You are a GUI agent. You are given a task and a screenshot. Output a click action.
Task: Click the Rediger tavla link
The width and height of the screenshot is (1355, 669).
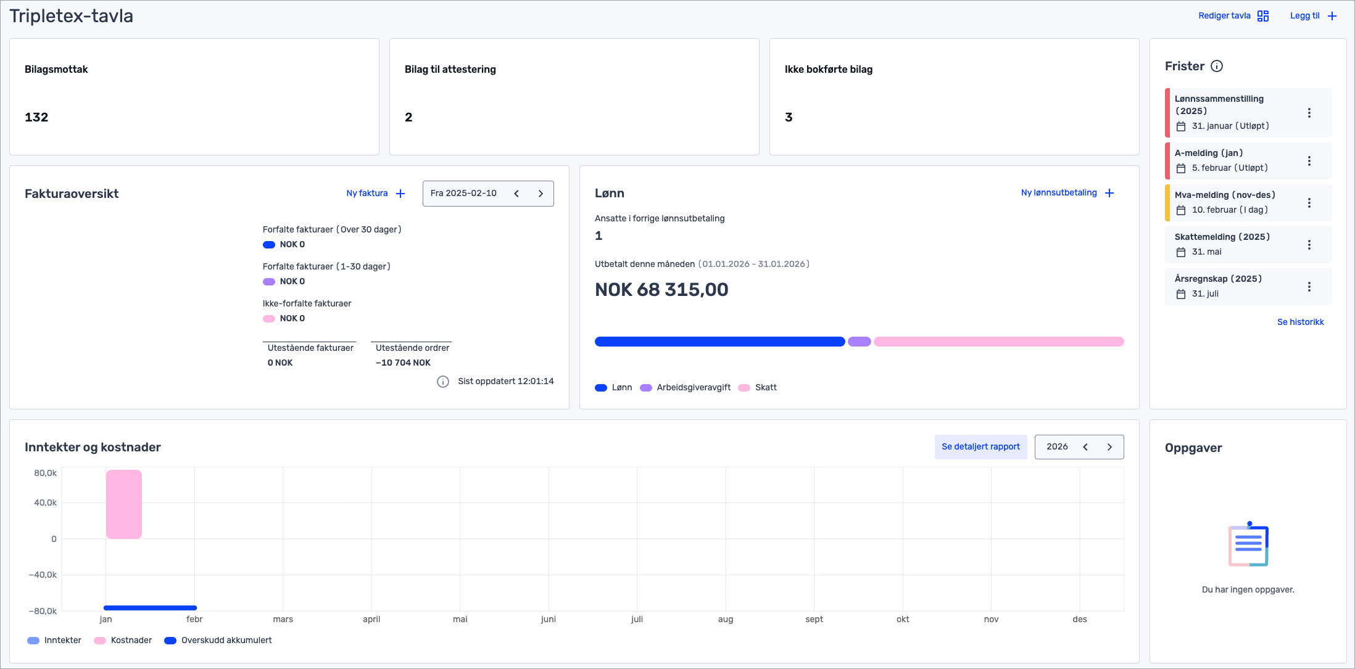click(x=1224, y=16)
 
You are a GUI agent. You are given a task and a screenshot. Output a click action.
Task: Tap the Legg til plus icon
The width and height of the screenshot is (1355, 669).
click(x=1332, y=16)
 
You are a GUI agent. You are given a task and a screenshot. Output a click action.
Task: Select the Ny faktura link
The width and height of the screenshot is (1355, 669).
click(x=367, y=194)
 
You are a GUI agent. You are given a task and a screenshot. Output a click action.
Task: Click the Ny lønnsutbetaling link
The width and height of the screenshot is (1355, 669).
click(x=1059, y=193)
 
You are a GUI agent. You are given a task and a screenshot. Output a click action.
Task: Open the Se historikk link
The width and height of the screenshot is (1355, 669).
click(x=1300, y=322)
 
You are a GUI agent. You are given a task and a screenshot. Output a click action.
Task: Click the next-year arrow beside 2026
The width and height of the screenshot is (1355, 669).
click(x=1109, y=447)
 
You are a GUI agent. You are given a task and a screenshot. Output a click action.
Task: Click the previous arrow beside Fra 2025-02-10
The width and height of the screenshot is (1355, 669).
click(x=516, y=194)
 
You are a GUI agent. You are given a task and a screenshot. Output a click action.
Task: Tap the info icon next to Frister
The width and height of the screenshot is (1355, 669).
click(x=1217, y=67)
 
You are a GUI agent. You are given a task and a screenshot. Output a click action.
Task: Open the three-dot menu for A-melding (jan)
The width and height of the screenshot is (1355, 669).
click(x=1309, y=161)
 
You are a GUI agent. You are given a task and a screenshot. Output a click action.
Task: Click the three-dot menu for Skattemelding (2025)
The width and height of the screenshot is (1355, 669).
click(x=1309, y=245)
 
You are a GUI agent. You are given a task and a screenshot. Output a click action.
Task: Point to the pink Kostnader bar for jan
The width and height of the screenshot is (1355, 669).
click(x=124, y=504)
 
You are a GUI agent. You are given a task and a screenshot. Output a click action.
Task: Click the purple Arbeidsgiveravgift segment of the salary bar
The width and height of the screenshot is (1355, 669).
click(x=859, y=342)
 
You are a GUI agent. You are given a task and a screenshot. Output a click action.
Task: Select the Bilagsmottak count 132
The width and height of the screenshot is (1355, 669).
click(x=36, y=117)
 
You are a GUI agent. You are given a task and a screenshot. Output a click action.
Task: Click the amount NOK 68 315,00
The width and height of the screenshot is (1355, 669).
click(x=661, y=290)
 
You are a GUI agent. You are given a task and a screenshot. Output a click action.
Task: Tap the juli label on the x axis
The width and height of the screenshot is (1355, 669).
click(x=637, y=619)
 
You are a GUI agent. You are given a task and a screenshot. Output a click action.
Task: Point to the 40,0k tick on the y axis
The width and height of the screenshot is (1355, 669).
click(x=45, y=503)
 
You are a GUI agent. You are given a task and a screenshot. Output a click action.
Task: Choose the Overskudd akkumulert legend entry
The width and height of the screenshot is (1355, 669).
click(x=226, y=641)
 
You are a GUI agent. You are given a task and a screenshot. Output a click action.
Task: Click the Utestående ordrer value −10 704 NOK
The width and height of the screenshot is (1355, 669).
click(x=403, y=363)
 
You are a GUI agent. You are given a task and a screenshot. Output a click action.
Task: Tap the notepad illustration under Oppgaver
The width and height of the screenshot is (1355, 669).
click(x=1248, y=544)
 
